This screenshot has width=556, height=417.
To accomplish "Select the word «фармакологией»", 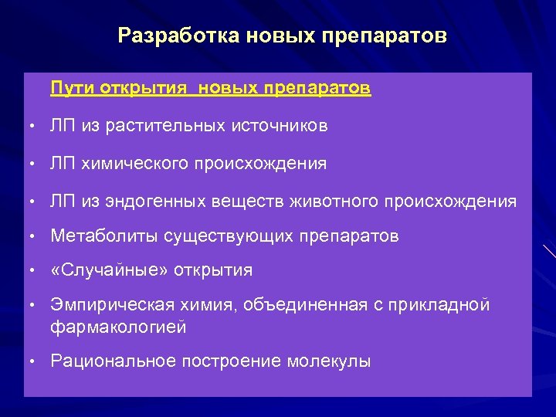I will [118, 327].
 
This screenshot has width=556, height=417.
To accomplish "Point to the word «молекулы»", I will [329, 361].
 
